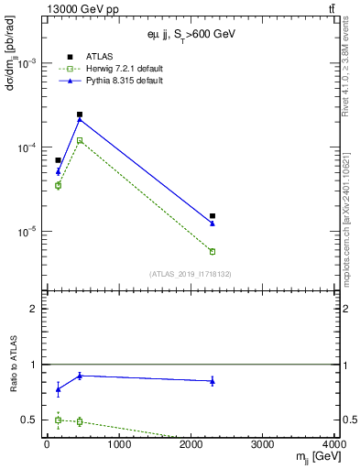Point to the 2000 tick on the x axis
pos(191,444)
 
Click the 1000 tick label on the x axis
pos(118,444)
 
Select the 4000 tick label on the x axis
pos(335,444)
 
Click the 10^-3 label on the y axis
pos(27,63)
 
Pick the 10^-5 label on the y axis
pos(27,232)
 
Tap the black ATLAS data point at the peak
pos(80,115)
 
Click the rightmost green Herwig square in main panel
pos(213,251)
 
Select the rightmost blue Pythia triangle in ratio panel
pos(213,381)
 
